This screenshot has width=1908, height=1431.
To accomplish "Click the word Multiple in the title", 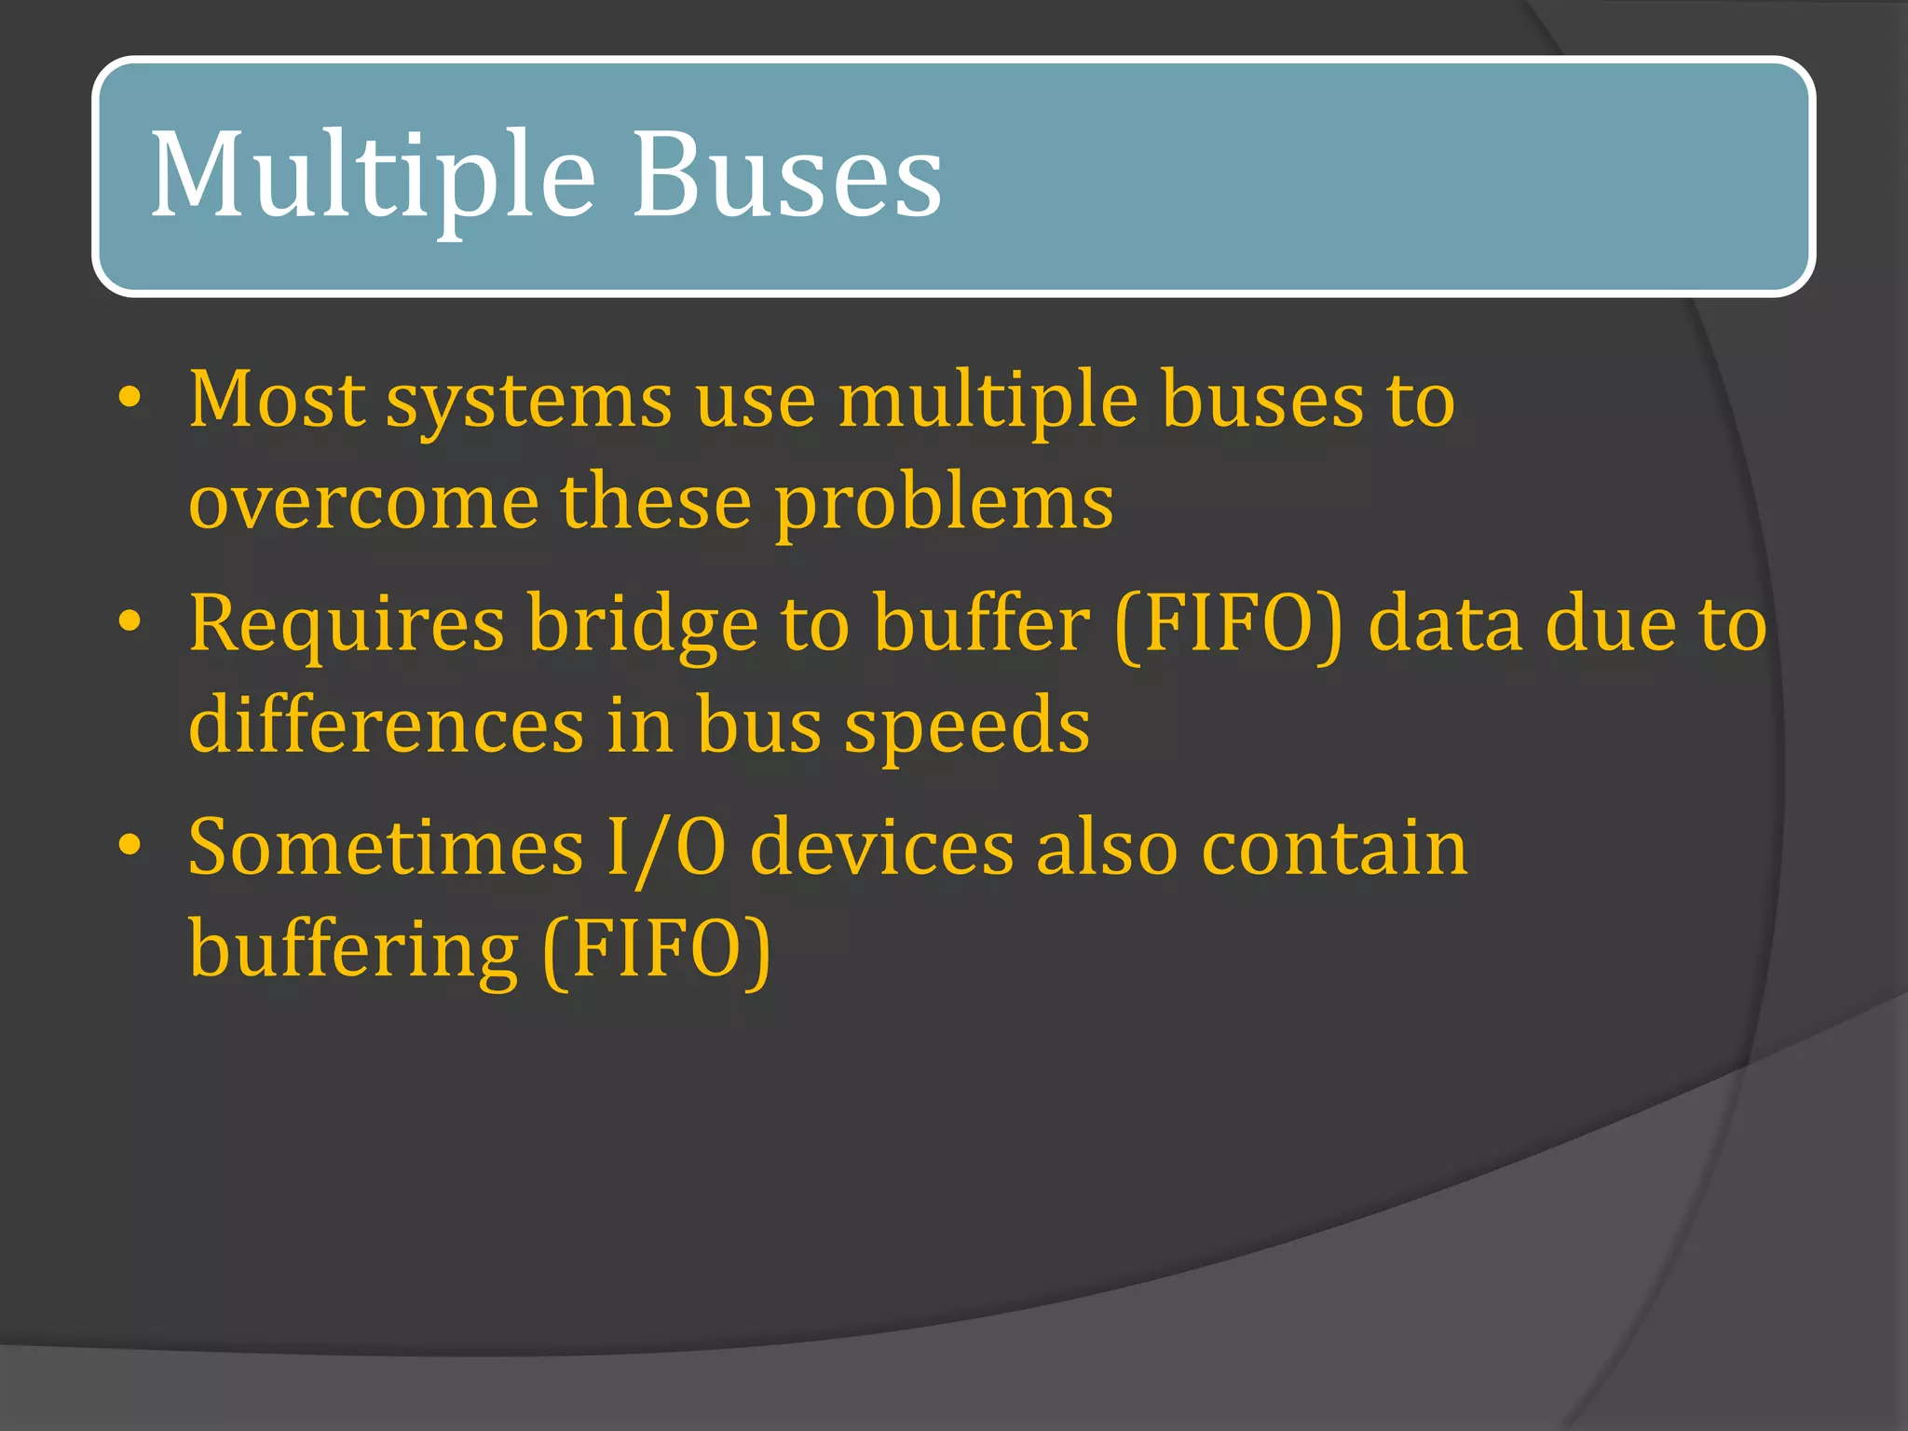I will tap(373, 177).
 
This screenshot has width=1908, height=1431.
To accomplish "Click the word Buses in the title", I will tap(787, 177).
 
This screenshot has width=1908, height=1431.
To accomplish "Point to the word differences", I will tap(386, 725).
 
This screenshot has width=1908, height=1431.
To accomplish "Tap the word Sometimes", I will tap(386, 848).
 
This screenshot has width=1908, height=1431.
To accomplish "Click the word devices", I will tap(881, 848).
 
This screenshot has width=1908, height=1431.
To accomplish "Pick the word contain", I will tap(1334, 848).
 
